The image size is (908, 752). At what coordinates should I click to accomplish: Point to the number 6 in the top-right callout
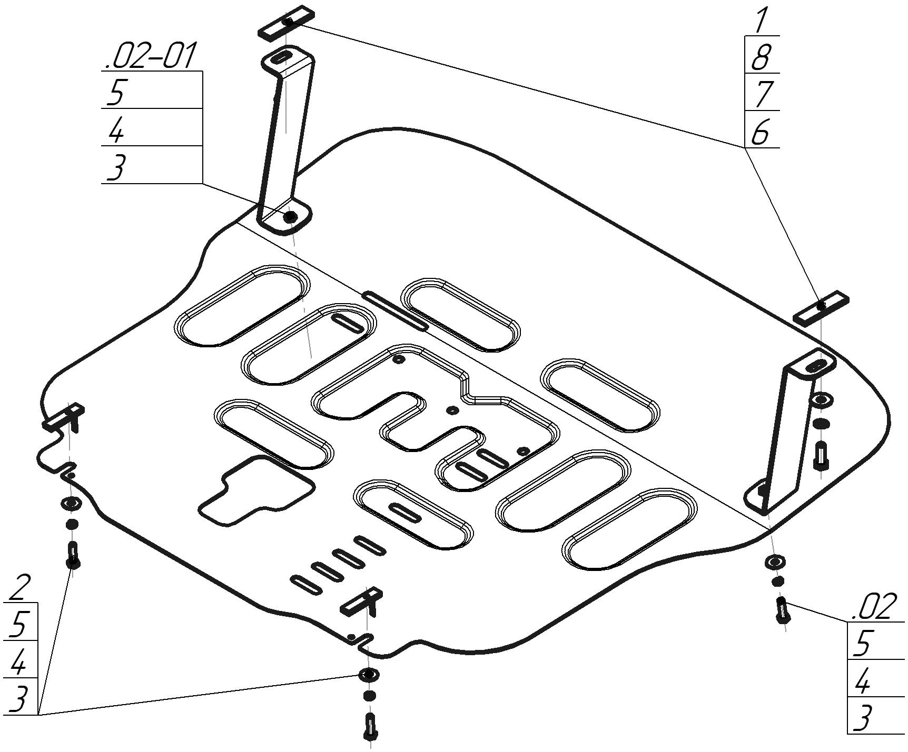point(761,131)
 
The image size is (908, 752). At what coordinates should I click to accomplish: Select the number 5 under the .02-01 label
point(115,92)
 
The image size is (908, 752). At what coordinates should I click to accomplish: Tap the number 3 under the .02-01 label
point(115,167)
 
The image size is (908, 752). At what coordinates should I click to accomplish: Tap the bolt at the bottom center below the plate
point(371,727)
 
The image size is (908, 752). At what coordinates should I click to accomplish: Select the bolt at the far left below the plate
point(73,555)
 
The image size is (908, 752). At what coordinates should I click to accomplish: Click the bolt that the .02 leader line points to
point(783,610)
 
